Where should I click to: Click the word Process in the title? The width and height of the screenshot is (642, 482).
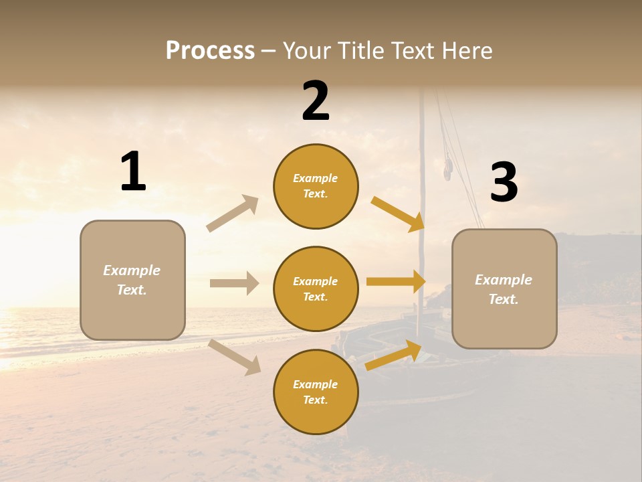pos(210,51)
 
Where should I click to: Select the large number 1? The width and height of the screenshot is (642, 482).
pos(133,172)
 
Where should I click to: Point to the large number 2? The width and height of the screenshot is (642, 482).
pos(316,101)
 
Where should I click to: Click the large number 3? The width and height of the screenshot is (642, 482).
pos(504,183)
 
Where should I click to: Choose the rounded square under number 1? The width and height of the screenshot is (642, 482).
pos(132,280)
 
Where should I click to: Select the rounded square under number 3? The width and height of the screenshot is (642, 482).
pos(504,289)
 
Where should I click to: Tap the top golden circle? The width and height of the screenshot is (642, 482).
pos(316,186)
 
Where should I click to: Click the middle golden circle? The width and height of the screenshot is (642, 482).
pos(316,289)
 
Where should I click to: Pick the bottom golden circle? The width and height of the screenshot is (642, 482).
pos(316,392)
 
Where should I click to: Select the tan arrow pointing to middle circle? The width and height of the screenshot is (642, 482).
pos(234,283)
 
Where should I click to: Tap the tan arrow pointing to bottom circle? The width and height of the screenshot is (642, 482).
pos(234,357)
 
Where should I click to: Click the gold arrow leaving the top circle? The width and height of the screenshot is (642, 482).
pos(397,214)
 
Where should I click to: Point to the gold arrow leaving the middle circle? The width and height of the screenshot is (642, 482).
pos(396,282)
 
